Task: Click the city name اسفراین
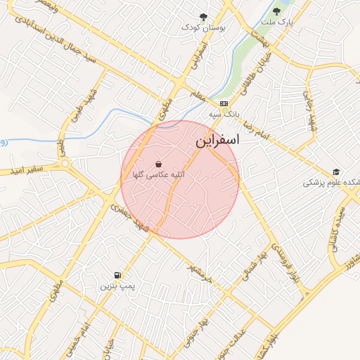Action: pos(217,140)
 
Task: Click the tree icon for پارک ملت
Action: pos(276,11)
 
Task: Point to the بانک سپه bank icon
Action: pos(224,103)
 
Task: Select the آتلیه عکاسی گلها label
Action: pos(158,174)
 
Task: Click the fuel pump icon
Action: pos(116,275)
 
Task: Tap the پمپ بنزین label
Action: pos(116,286)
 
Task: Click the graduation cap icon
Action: pos(336,172)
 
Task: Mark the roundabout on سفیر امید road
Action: pos(65,163)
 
